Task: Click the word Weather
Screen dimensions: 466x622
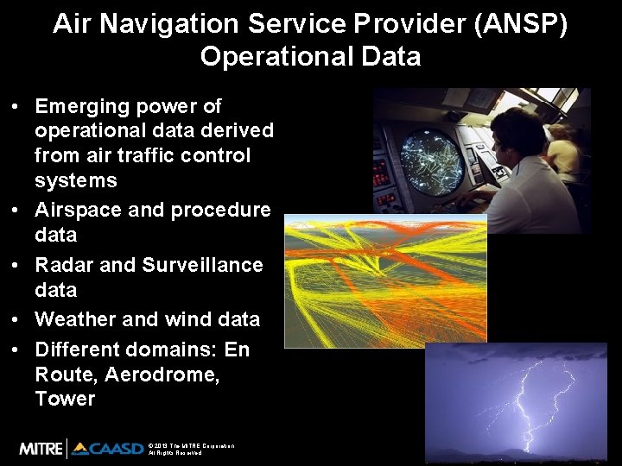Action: click(x=75, y=319)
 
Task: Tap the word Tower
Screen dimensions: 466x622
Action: click(x=65, y=399)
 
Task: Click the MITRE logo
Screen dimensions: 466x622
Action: click(x=40, y=448)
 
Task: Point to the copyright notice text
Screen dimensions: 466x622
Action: click(x=191, y=449)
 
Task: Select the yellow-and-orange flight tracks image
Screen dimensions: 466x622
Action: click(x=385, y=280)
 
